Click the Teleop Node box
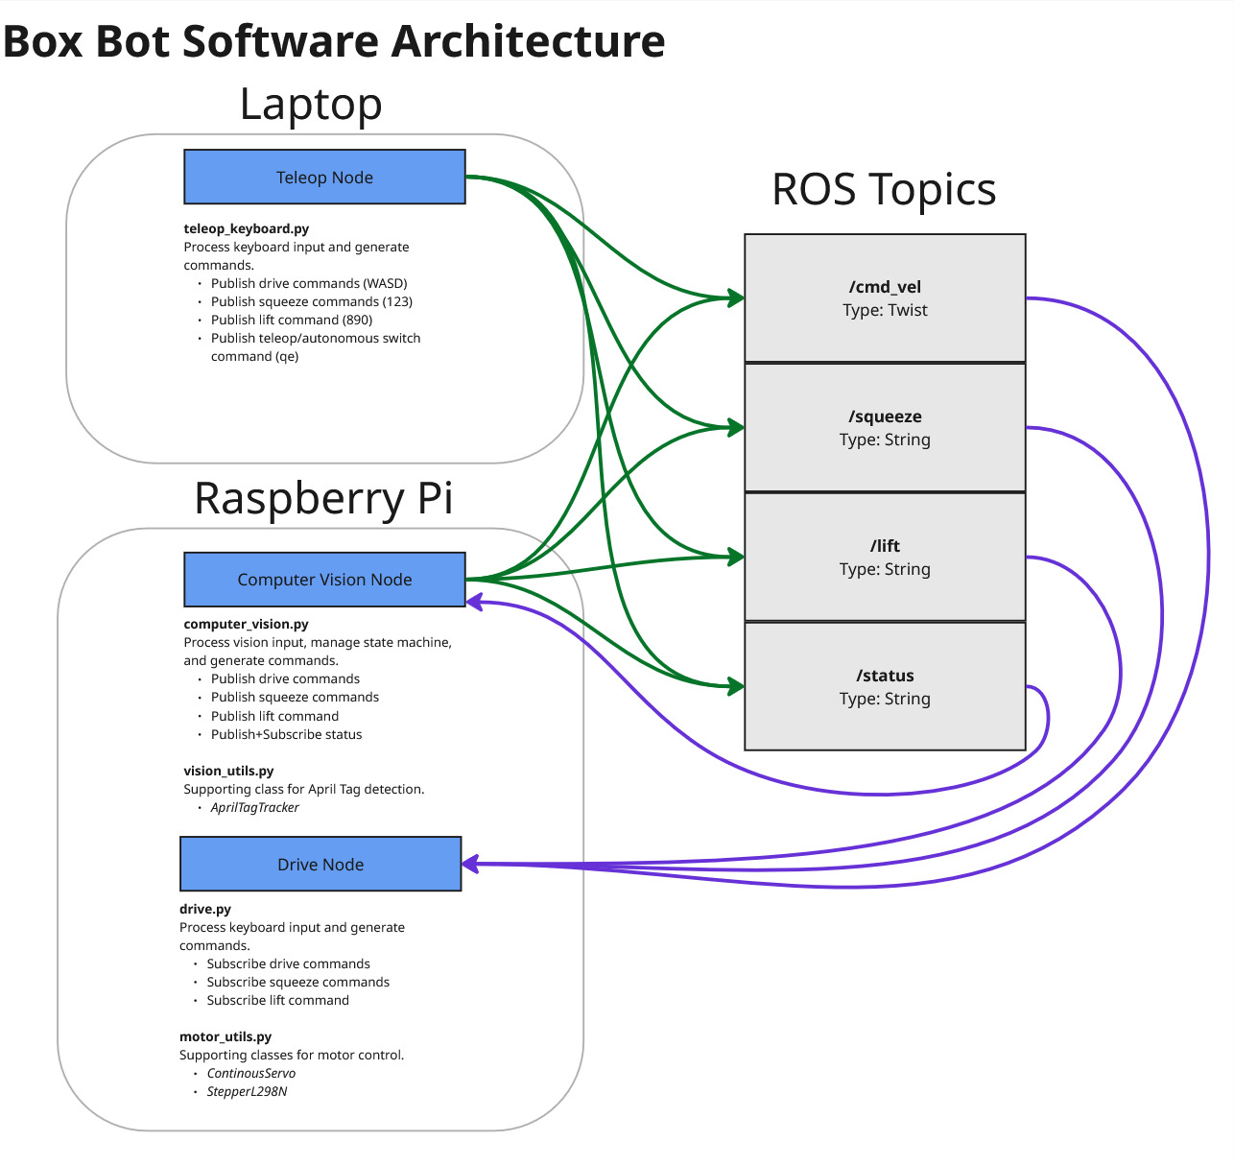[324, 177]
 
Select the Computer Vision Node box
[324, 580]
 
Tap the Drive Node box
[320, 864]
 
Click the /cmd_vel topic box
[885, 298]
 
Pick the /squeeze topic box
[885, 428]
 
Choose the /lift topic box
[885, 558]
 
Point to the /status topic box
[885, 687]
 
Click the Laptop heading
[311, 104]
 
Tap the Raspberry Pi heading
[323, 498]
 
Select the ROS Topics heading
[884, 189]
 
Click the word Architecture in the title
[528, 41]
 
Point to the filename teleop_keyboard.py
[247, 228]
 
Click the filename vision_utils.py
[228, 771]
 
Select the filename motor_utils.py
[225, 1036]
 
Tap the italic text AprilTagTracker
[254, 807]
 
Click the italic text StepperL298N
[247, 1091]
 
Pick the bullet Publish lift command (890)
[291, 320]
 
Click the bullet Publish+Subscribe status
[286, 734]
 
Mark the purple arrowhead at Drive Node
[470, 864]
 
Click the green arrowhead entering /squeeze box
[736, 428]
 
